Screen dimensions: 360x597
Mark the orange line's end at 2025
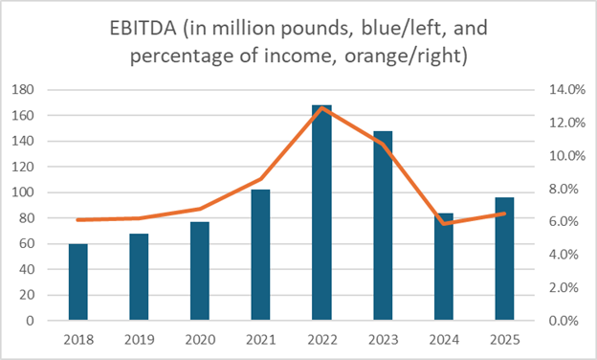pos(504,214)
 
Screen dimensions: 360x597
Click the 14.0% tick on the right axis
pos(556,90)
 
